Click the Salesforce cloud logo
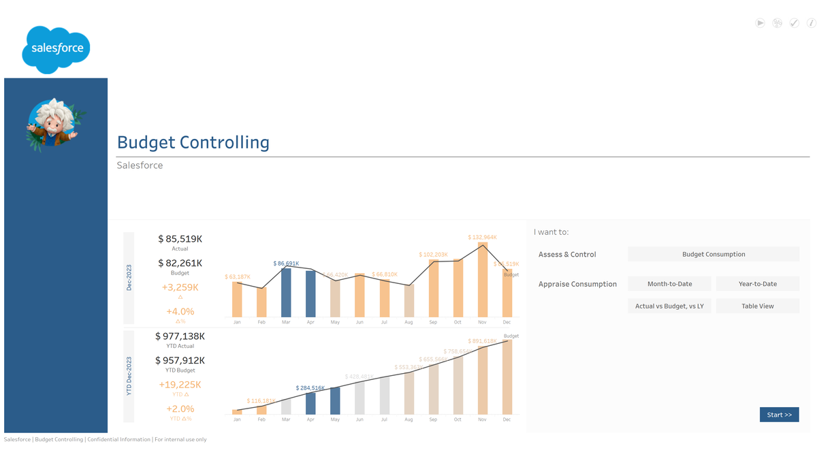(56, 49)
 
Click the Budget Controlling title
(193, 142)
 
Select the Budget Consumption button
(713, 254)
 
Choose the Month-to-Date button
(669, 284)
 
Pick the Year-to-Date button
(757, 284)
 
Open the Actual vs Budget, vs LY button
(669, 306)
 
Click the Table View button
(757, 306)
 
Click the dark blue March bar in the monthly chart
(286, 293)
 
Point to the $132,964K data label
(482, 238)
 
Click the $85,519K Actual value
(180, 239)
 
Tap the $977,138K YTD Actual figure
(180, 336)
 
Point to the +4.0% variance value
(180, 312)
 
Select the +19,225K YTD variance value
(180, 385)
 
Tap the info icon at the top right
(811, 23)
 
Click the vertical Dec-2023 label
(129, 278)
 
